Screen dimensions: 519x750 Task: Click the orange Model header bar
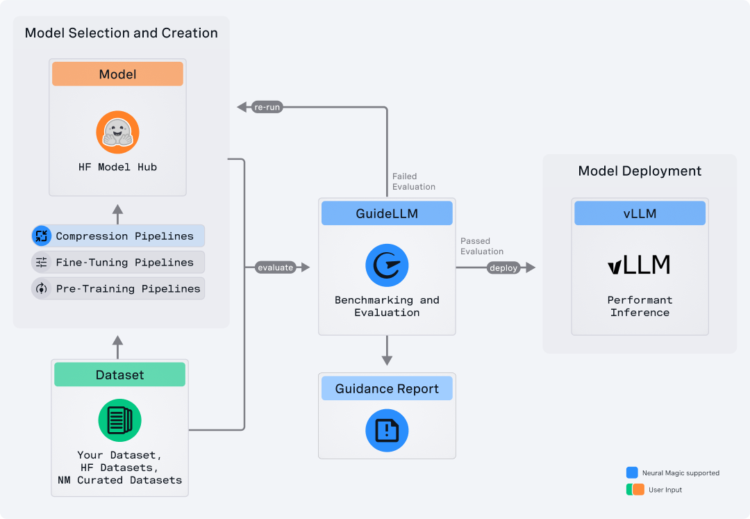(x=117, y=74)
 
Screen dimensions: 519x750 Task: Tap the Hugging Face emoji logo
(x=117, y=133)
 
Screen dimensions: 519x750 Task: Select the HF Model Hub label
(x=117, y=167)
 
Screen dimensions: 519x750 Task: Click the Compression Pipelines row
(x=118, y=236)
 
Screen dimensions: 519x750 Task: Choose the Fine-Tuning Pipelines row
(x=118, y=263)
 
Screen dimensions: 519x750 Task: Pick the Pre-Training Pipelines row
(x=118, y=288)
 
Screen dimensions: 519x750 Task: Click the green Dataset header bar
(x=119, y=375)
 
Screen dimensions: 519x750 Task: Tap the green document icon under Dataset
(x=119, y=420)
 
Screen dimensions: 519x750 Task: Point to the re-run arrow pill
(x=267, y=107)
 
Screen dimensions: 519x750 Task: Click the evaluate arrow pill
(x=275, y=267)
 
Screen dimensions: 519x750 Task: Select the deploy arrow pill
(x=503, y=267)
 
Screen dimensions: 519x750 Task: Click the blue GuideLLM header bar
(x=387, y=213)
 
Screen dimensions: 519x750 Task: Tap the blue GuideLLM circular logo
(x=387, y=265)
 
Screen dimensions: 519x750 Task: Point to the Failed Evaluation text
(x=414, y=181)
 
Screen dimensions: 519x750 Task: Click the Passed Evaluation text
(x=481, y=246)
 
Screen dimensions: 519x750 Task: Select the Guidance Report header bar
(x=387, y=389)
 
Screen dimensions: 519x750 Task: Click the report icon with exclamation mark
(x=387, y=431)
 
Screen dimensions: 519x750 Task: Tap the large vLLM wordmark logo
(x=639, y=265)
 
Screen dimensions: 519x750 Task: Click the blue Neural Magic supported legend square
(x=632, y=472)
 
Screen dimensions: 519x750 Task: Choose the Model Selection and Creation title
(x=121, y=33)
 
